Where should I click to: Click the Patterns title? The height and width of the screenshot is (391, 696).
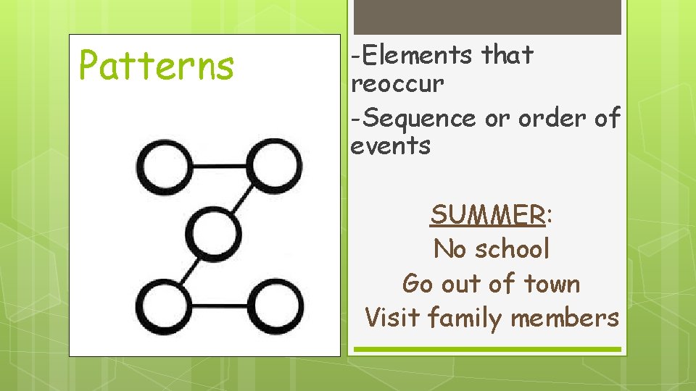[157, 65]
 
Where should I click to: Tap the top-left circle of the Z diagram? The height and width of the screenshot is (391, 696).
[166, 166]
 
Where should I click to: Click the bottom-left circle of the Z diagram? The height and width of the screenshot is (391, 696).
[166, 308]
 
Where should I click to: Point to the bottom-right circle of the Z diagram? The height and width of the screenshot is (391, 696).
[275, 308]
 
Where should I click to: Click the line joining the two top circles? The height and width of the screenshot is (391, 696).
[220, 166]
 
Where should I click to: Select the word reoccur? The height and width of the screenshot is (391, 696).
[397, 84]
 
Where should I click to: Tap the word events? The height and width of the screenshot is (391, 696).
[390, 146]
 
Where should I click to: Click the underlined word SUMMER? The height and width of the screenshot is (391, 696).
[487, 215]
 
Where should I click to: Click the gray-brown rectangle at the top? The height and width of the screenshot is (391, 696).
[486, 16]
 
